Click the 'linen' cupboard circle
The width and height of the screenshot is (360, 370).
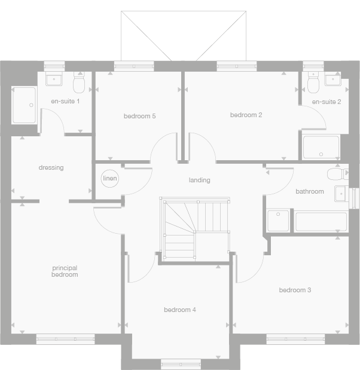coord(109,179)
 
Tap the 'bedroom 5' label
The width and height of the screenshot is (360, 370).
coord(139,116)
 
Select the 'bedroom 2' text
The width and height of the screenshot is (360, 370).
coord(246,115)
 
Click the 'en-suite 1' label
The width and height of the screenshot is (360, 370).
coord(65,101)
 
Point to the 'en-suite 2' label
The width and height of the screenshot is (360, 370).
coord(327,102)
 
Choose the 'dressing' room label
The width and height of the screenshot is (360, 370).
coord(51,168)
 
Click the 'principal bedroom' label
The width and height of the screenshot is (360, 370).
coord(65,271)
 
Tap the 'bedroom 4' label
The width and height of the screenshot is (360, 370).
coord(180,310)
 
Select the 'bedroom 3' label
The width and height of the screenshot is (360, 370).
coord(295,291)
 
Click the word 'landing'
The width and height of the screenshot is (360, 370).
coord(199,180)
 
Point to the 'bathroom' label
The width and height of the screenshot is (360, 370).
coord(310,192)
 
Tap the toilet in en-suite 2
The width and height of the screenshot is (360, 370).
coord(312,81)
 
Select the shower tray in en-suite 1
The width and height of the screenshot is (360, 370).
coord(24,106)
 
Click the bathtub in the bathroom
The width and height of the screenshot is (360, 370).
coord(321,221)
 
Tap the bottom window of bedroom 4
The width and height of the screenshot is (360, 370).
coord(181,363)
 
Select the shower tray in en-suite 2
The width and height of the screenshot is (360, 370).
coord(321,147)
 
